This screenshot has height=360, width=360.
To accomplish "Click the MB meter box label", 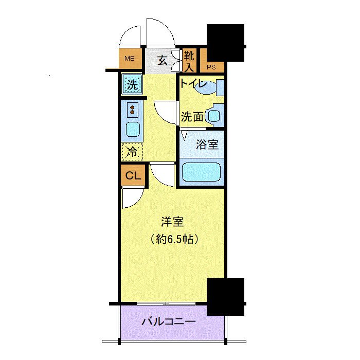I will click(x=129, y=59).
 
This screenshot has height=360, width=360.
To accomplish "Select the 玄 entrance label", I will click(x=161, y=61).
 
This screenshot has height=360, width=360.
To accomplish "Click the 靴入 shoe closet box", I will click(x=189, y=61).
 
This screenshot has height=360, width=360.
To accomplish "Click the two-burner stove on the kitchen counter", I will click(x=133, y=109).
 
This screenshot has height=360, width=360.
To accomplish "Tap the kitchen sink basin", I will click(x=133, y=129).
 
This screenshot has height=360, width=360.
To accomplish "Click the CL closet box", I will click(x=133, y=176).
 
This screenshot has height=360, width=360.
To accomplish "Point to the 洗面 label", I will click(x=192, y=117).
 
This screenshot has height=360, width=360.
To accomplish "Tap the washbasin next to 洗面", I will click(x=213, y=115).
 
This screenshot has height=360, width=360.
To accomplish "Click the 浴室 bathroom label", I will click(x=207, y=145).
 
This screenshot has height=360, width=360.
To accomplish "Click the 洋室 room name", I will click(x=172, y=223).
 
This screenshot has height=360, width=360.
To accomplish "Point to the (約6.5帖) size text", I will click(x=173, y=239).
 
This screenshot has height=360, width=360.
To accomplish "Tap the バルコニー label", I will click(x=168, y=322).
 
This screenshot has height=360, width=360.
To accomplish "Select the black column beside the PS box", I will click(x=225, y=42).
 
